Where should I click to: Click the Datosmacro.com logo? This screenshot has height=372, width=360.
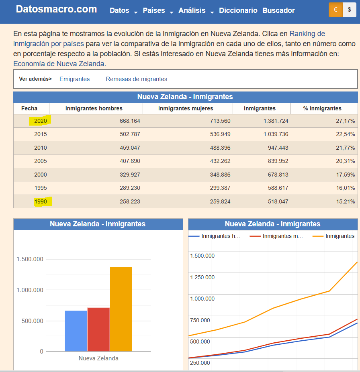pyautogui.click(x=56, y=9)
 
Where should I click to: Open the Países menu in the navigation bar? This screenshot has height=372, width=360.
pyautogui.click(x=154, y=10)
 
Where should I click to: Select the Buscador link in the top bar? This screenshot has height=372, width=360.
pyautogui.click(x=278, y=10)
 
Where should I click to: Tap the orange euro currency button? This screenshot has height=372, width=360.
pyautogui.click(x=335, y=10)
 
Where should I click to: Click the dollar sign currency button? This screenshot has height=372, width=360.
pyautogui.click(x=349, y=10)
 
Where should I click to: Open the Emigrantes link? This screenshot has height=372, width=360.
pyautogui.click(x=75, y=79)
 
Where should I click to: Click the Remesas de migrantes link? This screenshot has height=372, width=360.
pyautogui.click(x=137, y=79)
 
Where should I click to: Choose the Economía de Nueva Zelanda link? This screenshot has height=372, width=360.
pyautogui.click(x=59, y=64)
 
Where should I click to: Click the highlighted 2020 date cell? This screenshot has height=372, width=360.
pyautogui.click(x=40, y=121)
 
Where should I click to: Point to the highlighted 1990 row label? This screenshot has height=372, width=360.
pyautogui.click(x=41, y=202)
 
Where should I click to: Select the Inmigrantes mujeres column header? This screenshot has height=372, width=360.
pyautogui.click(x=186, y=108)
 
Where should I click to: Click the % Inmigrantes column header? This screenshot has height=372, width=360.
pyautogui.click(x=322, y=108)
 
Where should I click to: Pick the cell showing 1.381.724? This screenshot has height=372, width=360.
pyautogui.click(x=276, y=121)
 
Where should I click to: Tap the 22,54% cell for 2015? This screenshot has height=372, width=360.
pyautogui.click(x=346, y=134)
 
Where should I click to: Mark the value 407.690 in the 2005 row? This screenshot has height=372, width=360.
pyautogui.click(x=130, y=161)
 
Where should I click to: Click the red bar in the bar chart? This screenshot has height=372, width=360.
pyautogui.click(x=98, y=329)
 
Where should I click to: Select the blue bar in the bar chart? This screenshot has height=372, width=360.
pyautogui.click(x=76, y=331)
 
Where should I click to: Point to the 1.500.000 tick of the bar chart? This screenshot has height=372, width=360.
pyautogui.click(x=30, y=259)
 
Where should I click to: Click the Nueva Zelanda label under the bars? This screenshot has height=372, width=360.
pyautogui.click(x=98, y=358)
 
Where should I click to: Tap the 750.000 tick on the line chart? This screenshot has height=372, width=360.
pyautogui.click(x=200, y=320)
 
